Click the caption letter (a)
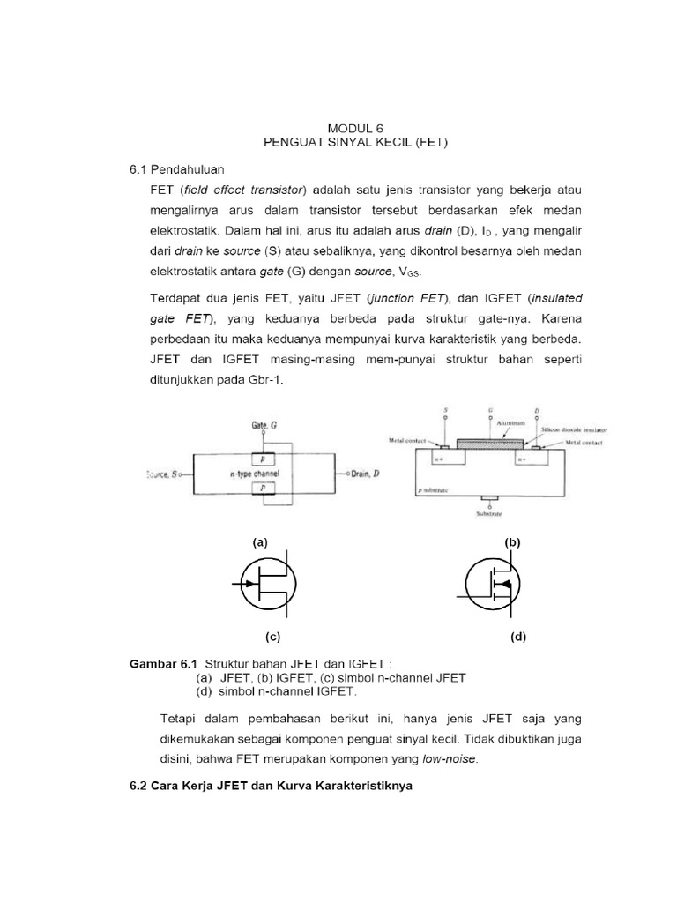259,543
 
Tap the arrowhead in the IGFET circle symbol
501,584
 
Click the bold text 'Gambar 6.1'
162,663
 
